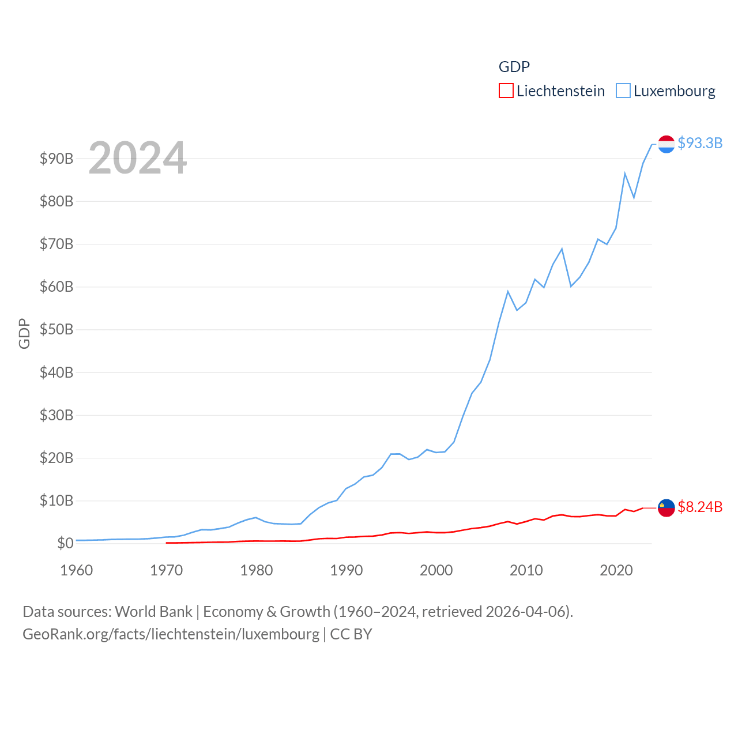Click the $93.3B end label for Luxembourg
click(x=700, y=143)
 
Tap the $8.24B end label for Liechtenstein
click(x=700, y=507)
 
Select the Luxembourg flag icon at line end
click(x=666, y=144)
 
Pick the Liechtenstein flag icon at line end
click(x=666, y=508)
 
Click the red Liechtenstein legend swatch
click(x=506, y=91)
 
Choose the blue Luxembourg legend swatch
click(x=623, y=91)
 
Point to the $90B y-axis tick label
click(x=57, y=159)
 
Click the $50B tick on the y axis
click(x=57, y=330)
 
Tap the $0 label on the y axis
click(x=65, y=543)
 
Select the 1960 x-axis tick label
click(x=77, y=570)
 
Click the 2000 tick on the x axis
click(x=436, y=570)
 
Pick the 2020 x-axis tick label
click(x=616, y=570)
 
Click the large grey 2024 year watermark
click(x=137, y=157)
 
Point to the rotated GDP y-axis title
click(x=24, y=333)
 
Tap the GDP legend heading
click(x=514, y=67)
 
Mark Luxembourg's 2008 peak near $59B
click(x=508, y=292)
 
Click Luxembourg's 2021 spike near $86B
click(x=625, y=174)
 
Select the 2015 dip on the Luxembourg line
click(x=571, y=286)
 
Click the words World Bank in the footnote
click(x=153, y=611)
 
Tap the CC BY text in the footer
click(x=351, y=634)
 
